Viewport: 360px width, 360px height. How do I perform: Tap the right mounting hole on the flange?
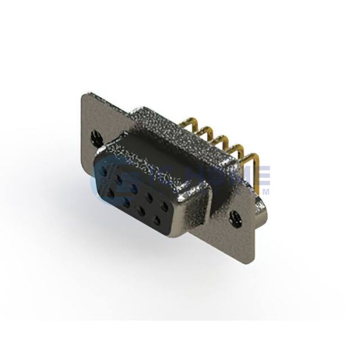[236, 212]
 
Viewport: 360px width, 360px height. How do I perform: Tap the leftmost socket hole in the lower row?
[113, 192]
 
